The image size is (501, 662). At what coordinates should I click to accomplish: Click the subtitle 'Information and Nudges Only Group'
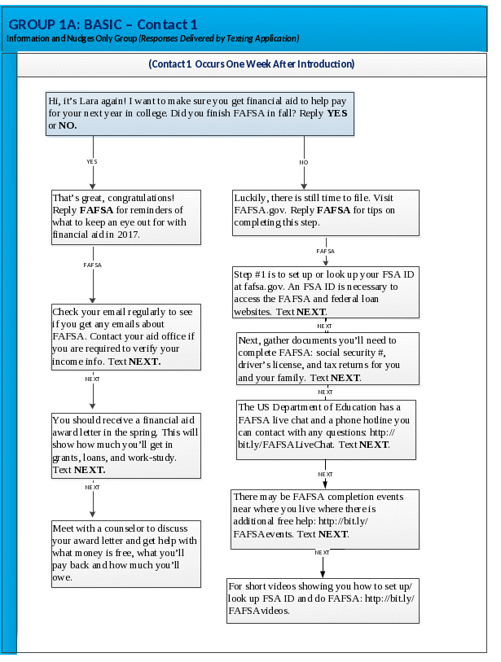coord(70,38)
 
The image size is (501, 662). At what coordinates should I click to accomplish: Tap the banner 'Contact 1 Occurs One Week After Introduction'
coord(251,64)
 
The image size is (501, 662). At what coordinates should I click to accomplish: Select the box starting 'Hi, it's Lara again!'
coord(200,113)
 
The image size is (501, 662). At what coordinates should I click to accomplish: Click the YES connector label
coord(92,162)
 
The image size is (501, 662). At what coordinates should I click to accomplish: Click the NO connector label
coord(304,162)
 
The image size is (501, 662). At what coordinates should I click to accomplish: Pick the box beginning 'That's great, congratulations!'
coord(125,217)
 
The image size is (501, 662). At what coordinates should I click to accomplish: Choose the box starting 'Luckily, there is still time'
coord(325,213)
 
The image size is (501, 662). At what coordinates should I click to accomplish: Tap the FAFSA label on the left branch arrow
coord(93,265)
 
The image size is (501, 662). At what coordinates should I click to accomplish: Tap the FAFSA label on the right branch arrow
coord(325,252)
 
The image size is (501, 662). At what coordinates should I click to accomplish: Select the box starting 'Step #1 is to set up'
coord(325,293)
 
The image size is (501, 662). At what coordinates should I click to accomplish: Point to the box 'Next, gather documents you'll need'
coord(328,358)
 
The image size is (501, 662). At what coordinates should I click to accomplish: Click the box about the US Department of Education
coord(325,426)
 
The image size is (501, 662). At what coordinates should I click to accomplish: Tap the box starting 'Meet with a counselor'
coord(125,553)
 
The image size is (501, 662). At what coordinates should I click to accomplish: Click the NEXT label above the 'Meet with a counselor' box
coord(93,487)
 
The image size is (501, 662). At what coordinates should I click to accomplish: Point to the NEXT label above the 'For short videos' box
coord(323,554)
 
